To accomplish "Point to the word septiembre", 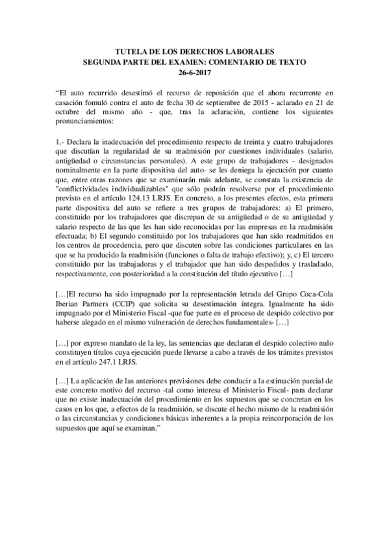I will [x=245, y=103].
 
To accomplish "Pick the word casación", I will [x=70, y=103].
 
